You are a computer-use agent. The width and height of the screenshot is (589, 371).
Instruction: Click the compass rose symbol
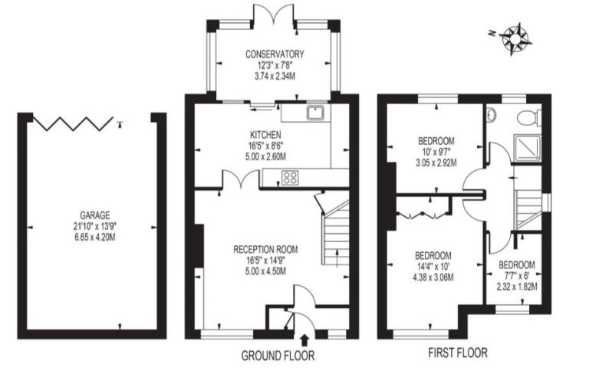click(x=515, y=38)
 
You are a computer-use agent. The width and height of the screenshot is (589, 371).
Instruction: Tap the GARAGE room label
click(x=95, y=215)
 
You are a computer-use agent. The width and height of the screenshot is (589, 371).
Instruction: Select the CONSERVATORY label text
click(x=275, y=54)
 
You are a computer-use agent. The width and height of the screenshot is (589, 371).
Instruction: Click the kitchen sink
click(x=315, y=112)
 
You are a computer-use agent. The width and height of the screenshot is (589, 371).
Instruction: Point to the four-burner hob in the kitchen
click(x=290, y=177)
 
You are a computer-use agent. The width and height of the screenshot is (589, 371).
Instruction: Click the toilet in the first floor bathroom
click(x=529, y=117)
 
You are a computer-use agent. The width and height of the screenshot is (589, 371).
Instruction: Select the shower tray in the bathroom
click(x=528, y=149)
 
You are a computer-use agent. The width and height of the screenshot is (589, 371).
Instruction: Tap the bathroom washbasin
click(x=491, y=114)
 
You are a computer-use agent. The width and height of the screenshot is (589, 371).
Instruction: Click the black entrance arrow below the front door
click(x=304, y=340)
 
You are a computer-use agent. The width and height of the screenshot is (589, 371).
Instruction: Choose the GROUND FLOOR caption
click(x=278, y=356)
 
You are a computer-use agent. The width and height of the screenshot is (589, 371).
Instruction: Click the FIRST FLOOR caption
click(x=458, y=353)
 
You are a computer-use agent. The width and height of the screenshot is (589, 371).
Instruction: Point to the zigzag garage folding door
click(x=73, y=123)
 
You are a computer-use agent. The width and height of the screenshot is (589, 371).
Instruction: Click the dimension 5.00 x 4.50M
click(x=265, y=271)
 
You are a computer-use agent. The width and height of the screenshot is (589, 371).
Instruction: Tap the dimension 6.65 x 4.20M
click(x=95, y=238)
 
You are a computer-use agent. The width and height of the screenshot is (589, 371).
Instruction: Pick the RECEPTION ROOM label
click(x=265, y=249)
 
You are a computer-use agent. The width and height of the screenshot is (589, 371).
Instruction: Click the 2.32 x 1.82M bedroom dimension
click(x=517, y=287)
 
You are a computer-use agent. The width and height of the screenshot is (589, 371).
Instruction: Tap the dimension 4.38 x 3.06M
click(x=433, y=277)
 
